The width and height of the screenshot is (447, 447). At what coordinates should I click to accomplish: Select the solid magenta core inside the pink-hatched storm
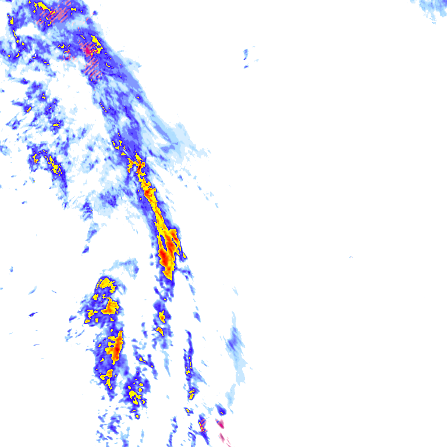pyautogui.click(x=88, y=51)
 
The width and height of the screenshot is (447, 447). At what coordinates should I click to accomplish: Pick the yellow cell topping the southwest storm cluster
pyautogui.click(x=105, y=284)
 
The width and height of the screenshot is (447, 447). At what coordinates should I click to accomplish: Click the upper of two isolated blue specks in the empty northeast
pyautogui.click(x=246, y=54)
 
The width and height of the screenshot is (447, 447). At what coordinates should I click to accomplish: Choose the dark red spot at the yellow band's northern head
pyautogui.click(x=140, y=165)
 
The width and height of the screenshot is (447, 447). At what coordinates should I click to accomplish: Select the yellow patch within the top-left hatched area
pyautogui.click(x=42, y=7)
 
